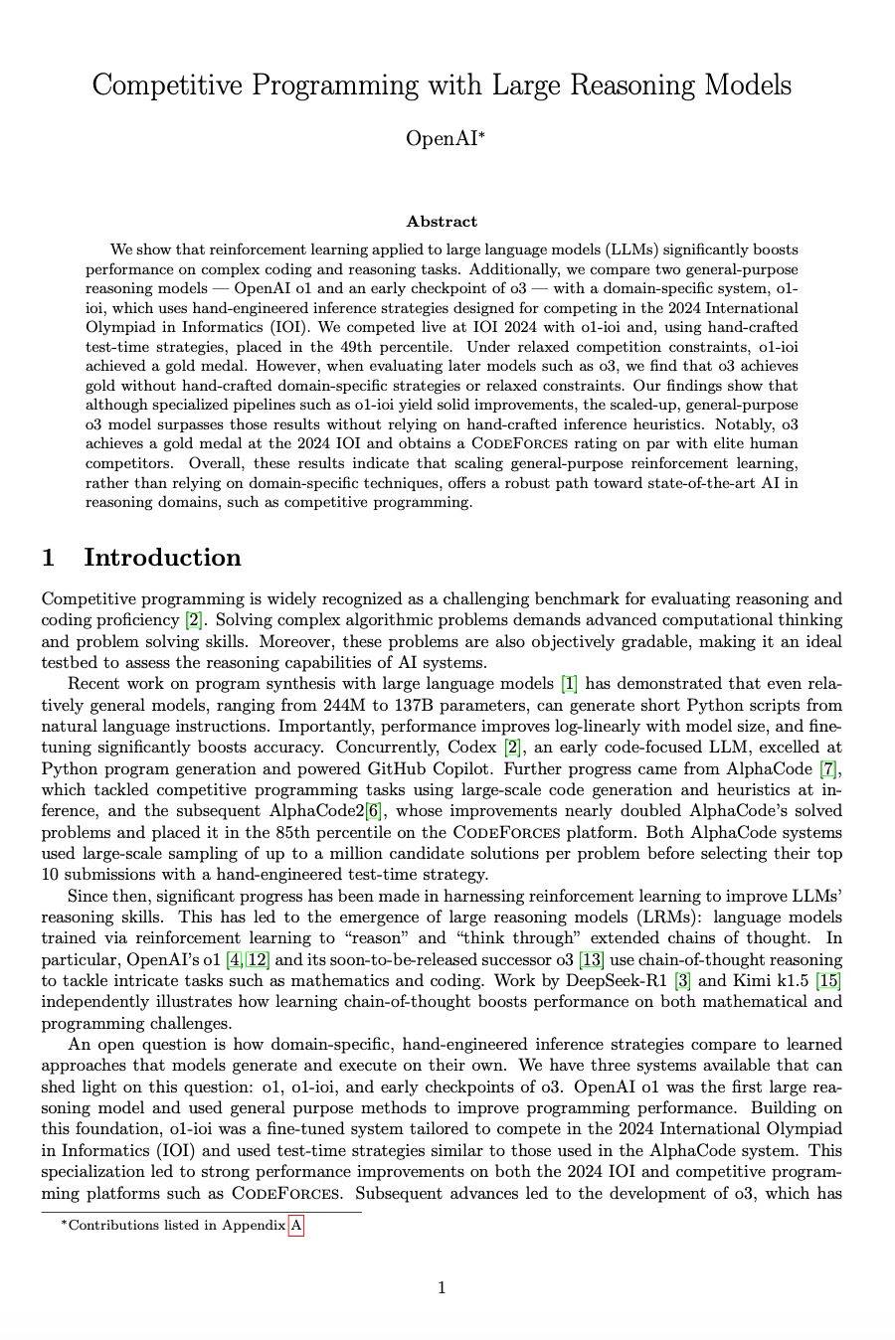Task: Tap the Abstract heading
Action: click(442, 222)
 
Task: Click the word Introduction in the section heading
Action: click(162, 558)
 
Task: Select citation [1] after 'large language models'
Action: click(569, 683)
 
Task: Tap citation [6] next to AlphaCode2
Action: click(374, 811)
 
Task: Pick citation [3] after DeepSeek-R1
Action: click(682, 981)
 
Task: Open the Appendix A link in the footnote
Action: click(295, 1226)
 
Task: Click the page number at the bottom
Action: click(442, 1288)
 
